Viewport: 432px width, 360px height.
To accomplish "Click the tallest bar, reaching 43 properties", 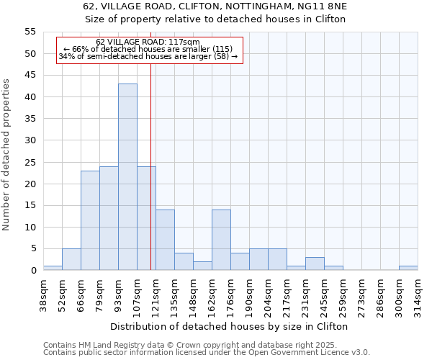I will pos(127,177).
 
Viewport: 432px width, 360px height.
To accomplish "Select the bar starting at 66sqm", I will pos(90,220).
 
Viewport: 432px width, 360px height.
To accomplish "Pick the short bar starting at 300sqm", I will pos(408,268).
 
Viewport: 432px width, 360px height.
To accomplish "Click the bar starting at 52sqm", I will pos(71,259).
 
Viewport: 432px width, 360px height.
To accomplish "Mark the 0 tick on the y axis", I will pos(32,271).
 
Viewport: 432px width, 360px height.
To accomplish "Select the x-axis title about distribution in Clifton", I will pos(230,326).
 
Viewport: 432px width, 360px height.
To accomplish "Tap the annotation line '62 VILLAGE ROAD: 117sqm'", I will pos(148,42).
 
